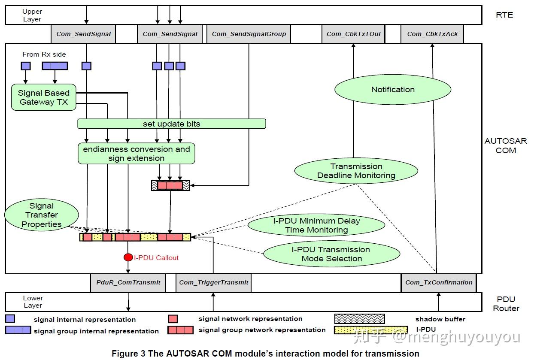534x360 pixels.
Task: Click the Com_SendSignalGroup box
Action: pos(249,34)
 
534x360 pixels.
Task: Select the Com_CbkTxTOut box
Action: pos(353,34)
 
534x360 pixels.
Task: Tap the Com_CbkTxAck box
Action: pos(432,34)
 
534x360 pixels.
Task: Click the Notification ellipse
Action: pos(392,90)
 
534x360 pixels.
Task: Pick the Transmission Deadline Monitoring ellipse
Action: pos(356,171)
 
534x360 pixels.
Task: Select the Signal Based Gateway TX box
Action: pos(43,97)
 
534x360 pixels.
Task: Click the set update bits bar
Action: pos(171,124)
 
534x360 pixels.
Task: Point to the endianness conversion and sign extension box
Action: pos(136,154)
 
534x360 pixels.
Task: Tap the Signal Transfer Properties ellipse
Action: pos(42,215)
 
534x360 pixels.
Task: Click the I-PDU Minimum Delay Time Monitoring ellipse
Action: pos(316,226)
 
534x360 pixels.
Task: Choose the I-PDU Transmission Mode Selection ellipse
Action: pos(331,254)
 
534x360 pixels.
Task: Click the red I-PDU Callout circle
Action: pos(128,257)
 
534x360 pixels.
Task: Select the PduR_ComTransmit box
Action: pos(128,282)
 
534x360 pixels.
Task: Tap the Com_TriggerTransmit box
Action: pos(213,282)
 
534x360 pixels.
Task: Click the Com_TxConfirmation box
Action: pos(438,282)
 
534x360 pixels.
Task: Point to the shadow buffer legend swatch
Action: pos(359,319)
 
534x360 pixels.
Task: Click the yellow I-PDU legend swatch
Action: pos(370,330)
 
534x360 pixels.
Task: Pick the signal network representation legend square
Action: pos(173,319)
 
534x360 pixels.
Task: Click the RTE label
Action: pos(504,15)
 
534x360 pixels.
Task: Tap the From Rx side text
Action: pos(44,54)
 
